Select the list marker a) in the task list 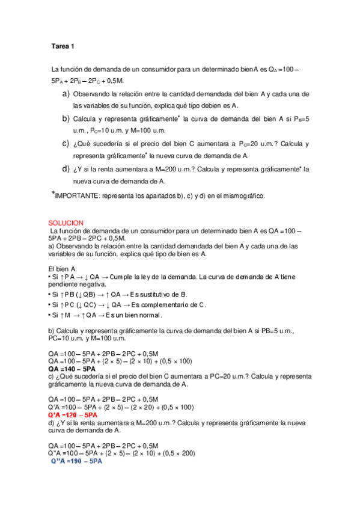pos(66,94)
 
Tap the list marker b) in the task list pos(66,118)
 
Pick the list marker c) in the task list pos(66,143)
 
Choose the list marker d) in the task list pos(66,168)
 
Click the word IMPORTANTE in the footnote pos(78,195)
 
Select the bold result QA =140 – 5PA pos(72,368)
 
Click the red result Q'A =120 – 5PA pos(72,415)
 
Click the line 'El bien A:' pos(63,268)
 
